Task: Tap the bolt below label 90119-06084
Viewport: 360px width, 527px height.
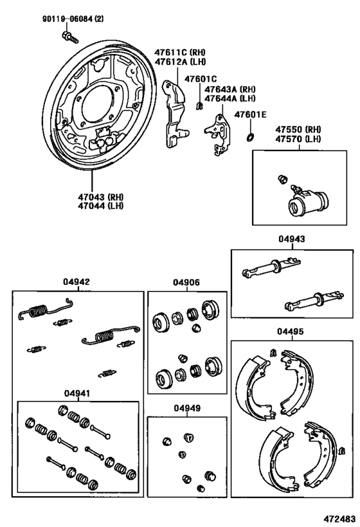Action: coord(70,37)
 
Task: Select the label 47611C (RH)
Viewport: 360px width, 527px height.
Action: coord(180,52)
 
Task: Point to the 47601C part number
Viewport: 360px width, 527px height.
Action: coord(201,79)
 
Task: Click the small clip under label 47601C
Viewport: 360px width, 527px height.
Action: coord(199,106)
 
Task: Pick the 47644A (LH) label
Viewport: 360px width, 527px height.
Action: coord(230,98)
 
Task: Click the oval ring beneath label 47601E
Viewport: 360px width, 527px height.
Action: coord(250,137)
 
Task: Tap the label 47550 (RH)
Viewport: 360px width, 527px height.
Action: coord(298,129)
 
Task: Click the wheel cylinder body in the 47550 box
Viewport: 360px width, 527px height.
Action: coord(308,202)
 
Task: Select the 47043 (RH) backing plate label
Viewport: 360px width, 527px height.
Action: coord(100,197)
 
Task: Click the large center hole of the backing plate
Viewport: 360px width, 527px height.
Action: coord(96,104)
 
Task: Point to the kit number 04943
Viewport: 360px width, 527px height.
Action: coord(291,239)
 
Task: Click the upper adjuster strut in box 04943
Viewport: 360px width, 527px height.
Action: coord(271,268)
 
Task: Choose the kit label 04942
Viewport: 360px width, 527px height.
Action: coord(76,282)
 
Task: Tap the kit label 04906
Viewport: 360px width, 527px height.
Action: coord(186,282)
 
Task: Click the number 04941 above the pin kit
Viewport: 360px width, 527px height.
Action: coord(78,393)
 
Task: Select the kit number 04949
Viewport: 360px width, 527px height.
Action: coord(187,408)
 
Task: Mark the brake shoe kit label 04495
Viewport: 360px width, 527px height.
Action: coord(291,331)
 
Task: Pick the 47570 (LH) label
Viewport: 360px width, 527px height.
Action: coord(298,138)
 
